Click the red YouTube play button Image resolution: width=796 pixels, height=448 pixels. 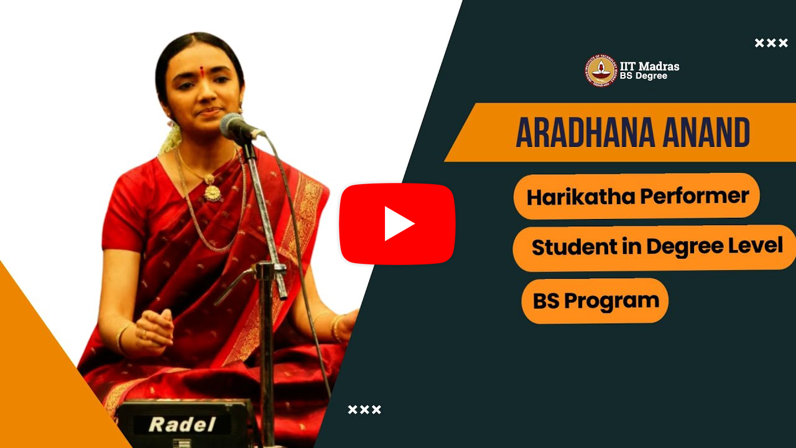coord(397,224)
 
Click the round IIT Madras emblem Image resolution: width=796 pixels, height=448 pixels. coord(601,71)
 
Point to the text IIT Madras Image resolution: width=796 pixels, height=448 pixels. coord(649,66)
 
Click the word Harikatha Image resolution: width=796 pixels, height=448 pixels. coord(581,197)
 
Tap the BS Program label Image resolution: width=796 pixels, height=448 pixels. coord(596,301)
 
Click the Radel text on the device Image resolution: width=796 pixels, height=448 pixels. coord(182,424)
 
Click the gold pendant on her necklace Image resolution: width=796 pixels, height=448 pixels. coord(212,192)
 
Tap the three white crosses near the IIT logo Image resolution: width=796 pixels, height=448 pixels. coord(771,43)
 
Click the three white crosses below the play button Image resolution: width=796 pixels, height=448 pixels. coord(364,409)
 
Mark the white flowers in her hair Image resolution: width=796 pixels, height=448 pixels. coord(170,137)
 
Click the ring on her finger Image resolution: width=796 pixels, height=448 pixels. coord(144,334)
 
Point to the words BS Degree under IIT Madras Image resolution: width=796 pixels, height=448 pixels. coord(644,76)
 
